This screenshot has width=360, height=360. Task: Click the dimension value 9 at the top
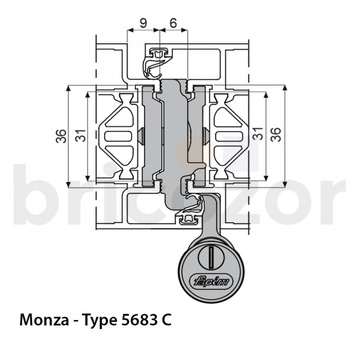pyautogui.click(x=143, y=23)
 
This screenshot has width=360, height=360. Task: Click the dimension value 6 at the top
pyautogui.click(x=173, y=23)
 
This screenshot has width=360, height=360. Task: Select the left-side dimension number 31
pyautogui.click(x=80, y=135)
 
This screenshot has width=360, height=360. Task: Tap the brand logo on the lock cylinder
pyautogui.click(x=212, y=280)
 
